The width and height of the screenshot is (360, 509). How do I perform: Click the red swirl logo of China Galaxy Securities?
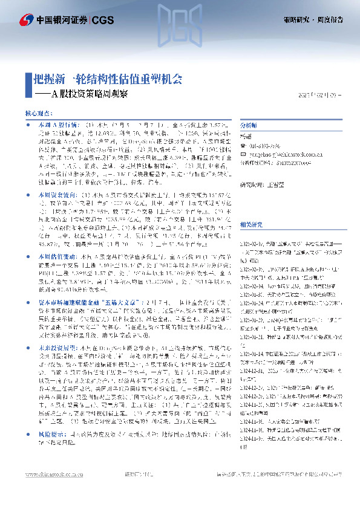(x=27, y=20)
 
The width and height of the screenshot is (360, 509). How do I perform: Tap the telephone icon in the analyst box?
(x=243, y=146)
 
